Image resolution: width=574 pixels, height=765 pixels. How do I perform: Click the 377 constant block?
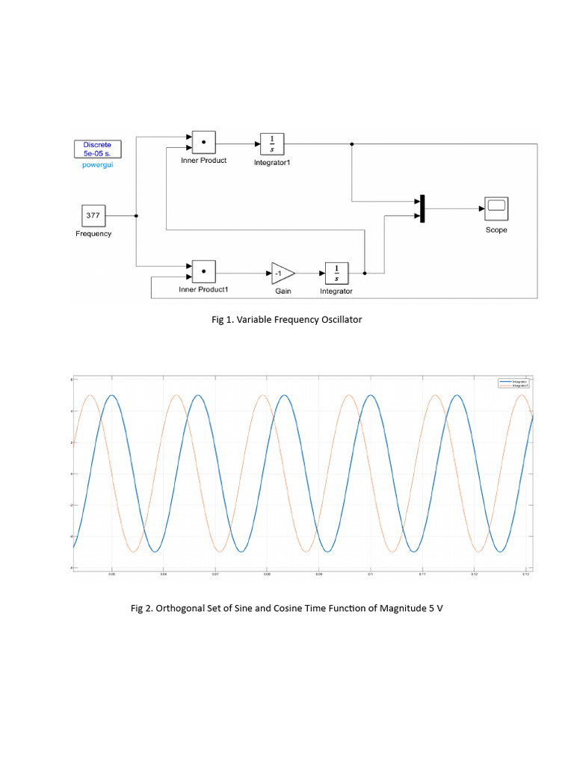coord(93,216)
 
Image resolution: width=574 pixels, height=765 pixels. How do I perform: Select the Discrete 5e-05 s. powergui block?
coord(96,149)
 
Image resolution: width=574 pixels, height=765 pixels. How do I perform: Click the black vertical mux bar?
coord(422,208)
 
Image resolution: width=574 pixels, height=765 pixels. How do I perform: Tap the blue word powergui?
coord(96,164)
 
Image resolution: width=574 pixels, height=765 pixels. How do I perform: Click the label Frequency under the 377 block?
coord(93,234)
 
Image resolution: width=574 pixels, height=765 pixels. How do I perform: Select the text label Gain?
coord(283,291)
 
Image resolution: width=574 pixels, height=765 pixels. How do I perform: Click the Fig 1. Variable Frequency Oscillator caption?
coord(287,320)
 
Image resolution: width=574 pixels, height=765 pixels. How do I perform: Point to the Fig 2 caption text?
coord(287,608)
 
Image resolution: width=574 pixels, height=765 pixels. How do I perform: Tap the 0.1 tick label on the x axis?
coord(371,574)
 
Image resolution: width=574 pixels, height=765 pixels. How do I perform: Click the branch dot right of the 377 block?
coord(136,216)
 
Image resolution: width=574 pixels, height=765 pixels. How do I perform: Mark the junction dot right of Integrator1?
coord(352,143)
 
